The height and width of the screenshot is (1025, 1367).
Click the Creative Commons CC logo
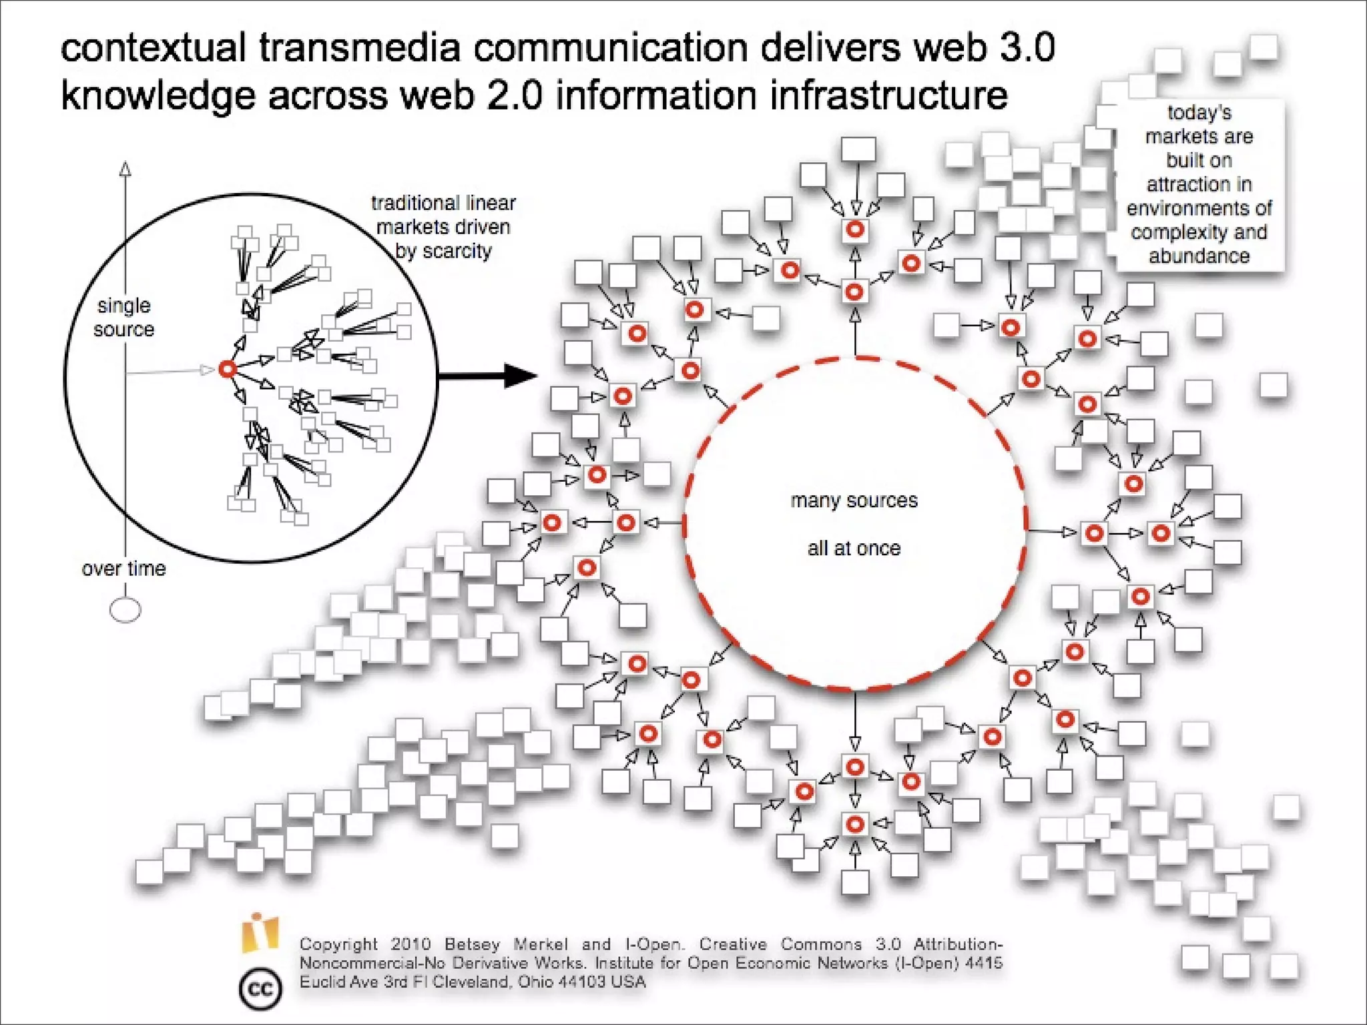click(260, 988)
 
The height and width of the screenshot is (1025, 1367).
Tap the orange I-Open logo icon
click(260, 933)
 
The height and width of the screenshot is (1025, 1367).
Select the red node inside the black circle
click(228, 369)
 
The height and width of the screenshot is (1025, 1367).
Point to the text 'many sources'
click(854, 500)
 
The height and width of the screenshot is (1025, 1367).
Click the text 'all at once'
click(854, 549)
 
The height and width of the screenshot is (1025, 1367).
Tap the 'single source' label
click(124, 318)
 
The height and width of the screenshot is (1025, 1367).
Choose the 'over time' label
click(123, 569)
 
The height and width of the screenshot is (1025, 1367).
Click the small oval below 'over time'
click(125, 610)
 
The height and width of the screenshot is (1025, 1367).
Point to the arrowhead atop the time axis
click(125, 168)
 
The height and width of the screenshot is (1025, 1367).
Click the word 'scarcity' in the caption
click(457, 251)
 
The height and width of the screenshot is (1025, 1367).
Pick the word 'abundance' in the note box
click(1199, 256)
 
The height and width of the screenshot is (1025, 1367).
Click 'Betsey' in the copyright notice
click(472, 944)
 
